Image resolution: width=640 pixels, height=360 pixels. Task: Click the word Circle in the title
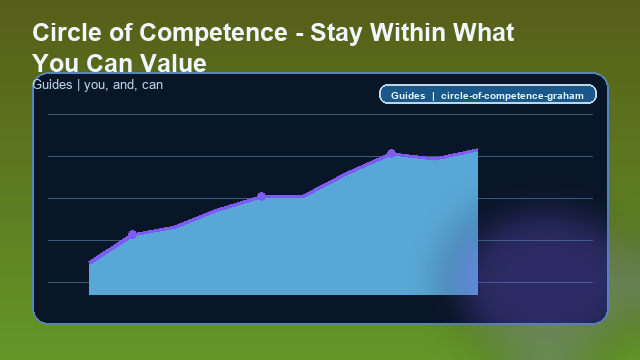(62, 32)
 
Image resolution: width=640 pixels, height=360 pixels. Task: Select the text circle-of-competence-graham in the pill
(511, 95)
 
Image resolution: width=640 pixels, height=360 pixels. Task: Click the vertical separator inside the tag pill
(433, 95)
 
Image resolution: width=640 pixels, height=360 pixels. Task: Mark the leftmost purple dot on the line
(132, 234)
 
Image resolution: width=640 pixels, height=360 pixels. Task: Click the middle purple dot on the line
(261, 196)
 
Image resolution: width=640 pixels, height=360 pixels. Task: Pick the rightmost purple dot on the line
(391, 153)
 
